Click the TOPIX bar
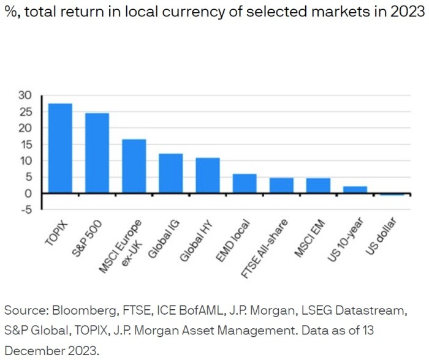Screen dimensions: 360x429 click(x=60, y=148)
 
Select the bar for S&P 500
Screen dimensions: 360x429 click(x=97, y=153)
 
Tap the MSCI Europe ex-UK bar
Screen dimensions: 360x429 click(x=134, y=166)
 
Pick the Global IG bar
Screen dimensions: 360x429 click(x=170, y=173)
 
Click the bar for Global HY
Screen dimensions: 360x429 click(x=207, y=175)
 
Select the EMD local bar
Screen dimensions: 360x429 click(x=244, y=184)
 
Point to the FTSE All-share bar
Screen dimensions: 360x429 click(x=281, y=186)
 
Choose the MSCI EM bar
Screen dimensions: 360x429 click(x=317, y=186)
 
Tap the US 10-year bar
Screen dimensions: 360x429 click(x=354, y=190)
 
